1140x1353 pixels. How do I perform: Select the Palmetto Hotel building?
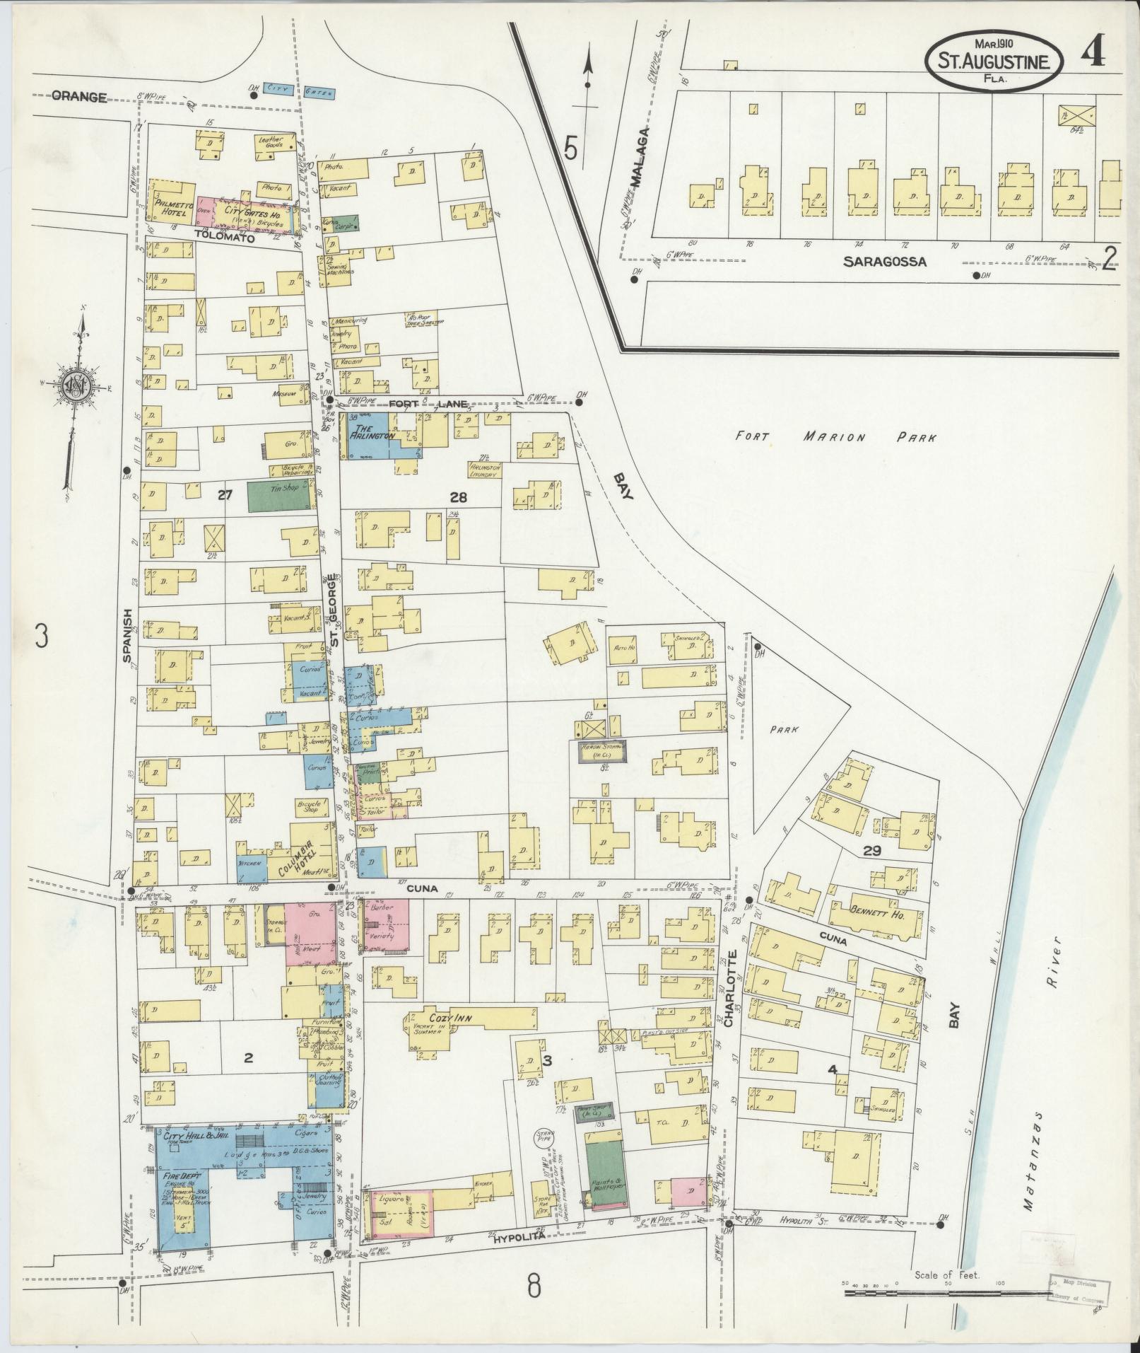coord(172,205)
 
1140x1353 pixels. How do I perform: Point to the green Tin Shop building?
coord(281,497)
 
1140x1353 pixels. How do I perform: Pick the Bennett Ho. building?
coord(877,919)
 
